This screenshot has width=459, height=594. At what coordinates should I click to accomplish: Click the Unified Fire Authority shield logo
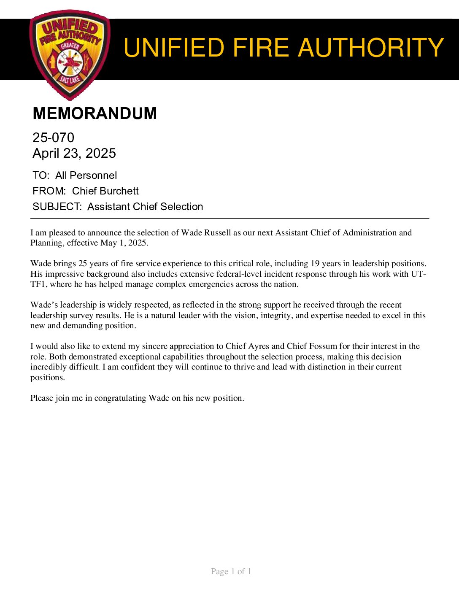[x=70, y=55]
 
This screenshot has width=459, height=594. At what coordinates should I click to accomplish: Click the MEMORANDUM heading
[x=94, y=113]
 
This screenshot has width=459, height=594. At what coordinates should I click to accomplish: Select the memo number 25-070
[x=53, y=138]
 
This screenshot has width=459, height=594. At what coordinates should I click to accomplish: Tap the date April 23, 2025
[x=74, y=153]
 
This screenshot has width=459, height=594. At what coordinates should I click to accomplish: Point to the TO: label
[x=41, y=175]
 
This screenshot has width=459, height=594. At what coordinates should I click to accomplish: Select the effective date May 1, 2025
[x=124, y=243]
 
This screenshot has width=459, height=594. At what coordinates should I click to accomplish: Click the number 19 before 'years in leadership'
[x=315, y=264]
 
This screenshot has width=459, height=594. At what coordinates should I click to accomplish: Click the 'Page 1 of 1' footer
[x=231, y=572]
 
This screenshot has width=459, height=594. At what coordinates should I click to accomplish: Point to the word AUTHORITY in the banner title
[x=371, y=48]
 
